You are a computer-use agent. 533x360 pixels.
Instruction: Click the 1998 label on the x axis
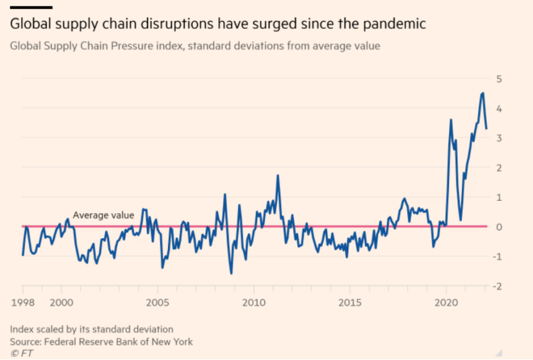coord(22,302)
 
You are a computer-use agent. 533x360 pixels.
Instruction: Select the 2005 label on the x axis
coord(157,302)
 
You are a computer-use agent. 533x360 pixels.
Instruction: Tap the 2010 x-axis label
coord(253,302)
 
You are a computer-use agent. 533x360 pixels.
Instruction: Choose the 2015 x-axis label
coord(350,302)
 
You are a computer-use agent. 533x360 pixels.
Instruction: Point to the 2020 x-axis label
coord(446,302)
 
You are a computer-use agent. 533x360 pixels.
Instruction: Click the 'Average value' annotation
coord(103,216)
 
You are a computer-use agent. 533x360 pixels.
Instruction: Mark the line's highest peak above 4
coord(482,93)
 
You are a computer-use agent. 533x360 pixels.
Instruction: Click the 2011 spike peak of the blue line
coord(278,175)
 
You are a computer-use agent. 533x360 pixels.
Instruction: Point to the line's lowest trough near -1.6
coord(232,273)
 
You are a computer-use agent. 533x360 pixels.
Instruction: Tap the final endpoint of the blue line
coord(486,128)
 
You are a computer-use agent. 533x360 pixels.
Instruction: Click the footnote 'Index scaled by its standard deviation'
coord(91,330)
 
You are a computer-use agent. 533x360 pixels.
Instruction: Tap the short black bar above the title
coord(30,7)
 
